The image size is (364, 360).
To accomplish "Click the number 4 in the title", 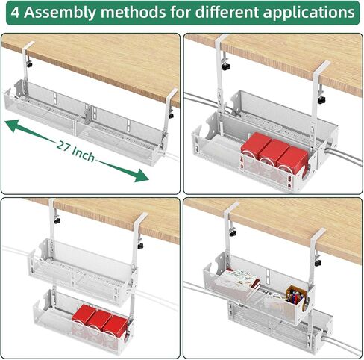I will [16, 13].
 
